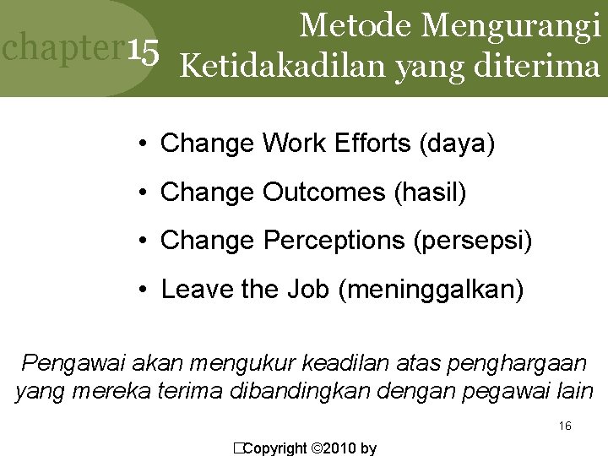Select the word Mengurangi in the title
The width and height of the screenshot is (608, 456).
point(512,25)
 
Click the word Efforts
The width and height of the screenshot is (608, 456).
point(369,144)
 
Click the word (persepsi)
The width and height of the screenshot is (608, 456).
point(473,241)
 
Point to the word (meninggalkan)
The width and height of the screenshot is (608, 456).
point(431,290)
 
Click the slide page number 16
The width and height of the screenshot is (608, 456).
point(565,426)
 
